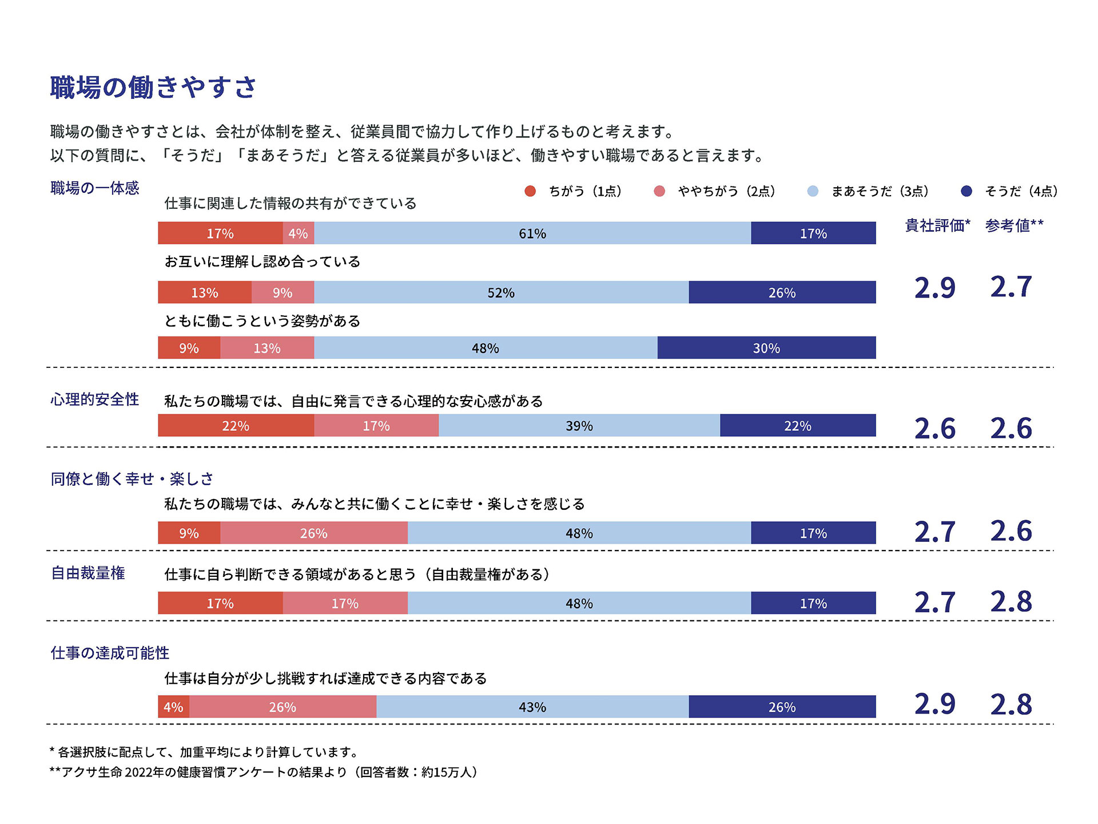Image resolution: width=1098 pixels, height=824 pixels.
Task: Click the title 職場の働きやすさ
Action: (x=153, y=88)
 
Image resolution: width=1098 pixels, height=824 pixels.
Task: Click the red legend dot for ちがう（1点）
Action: (x=530, y=191)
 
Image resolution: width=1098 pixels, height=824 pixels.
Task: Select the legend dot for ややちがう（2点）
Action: (x=659, y=191)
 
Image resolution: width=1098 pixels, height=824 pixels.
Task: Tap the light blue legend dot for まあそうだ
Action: (x=813, y=191)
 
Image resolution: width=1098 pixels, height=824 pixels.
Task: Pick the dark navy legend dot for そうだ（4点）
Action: (x=966, y=191)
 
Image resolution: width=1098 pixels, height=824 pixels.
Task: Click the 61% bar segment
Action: (x=532, y=233)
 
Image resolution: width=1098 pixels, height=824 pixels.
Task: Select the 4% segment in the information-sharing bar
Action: (x=298, y=233)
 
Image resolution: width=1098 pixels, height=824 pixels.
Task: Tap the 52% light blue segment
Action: (x=501, y=292)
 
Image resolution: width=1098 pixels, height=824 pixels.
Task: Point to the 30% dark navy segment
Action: (x=766, y=348)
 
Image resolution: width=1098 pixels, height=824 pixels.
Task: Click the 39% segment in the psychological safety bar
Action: (x=579, y=426)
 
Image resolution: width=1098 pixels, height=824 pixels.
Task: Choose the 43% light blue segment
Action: (x=532, y=707)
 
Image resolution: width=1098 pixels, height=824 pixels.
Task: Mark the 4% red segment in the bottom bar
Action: (x=173, y=707)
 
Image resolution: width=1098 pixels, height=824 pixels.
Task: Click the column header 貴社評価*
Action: (x=937, y=225)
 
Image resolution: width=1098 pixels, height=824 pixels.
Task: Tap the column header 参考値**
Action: (x=1014, y=225)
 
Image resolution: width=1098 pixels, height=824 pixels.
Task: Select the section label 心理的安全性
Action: (x=95, y=399)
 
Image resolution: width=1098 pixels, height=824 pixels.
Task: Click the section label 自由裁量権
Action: (x=88, y=573)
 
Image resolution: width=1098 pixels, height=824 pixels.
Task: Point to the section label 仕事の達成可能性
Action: (x=110, y=653)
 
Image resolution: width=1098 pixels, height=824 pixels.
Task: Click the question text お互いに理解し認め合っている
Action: (x=262, y=262)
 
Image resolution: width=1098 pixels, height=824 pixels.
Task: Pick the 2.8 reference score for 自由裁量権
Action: (x=1011, y=602)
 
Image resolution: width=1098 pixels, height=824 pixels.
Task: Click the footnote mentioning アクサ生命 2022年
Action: (x=264, y=772)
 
